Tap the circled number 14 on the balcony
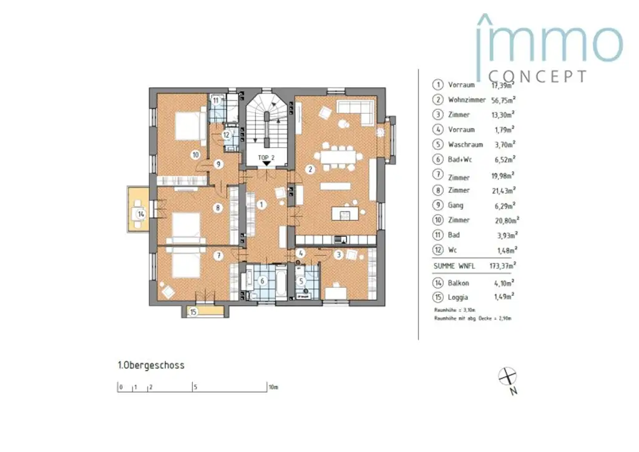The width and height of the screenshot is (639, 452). (141, 214)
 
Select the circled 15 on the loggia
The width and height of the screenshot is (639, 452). (193, 312)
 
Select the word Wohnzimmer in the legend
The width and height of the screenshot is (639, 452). (467, 100)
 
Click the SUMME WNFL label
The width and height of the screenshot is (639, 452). (453, 265)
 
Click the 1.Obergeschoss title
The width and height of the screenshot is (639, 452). (151, 365)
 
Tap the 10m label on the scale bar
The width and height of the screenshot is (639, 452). (274, 387)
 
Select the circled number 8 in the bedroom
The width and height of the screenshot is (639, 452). (218, 208)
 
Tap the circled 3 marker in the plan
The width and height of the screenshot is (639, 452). (338, 254)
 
